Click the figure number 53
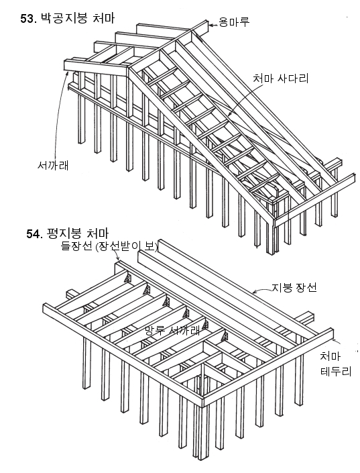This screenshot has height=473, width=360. [x=28, y=19]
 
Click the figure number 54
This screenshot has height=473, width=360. [x=34, y=233]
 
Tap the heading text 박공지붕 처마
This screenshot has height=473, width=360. [x=78, y=18]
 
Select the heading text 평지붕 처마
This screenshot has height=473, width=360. [x=78, y=233]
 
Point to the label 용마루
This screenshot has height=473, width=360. [x=234, y=22]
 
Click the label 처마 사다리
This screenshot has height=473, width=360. [x=280, y=78]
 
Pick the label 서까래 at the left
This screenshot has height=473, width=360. [x=53, y=165]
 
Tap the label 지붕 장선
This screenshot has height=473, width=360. [x=294, y=287]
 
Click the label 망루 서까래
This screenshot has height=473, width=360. [x=172, y=330]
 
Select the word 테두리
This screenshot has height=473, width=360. [x=336, y=371]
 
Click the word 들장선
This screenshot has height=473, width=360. [x=76, y=246]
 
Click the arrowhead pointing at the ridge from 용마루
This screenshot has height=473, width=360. [x=211, y=25]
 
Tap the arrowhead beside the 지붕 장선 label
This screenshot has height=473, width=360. [x=255, y=292]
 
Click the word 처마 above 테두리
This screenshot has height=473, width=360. [x=330, y=356]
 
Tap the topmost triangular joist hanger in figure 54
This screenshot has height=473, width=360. [x=127, y=278]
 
